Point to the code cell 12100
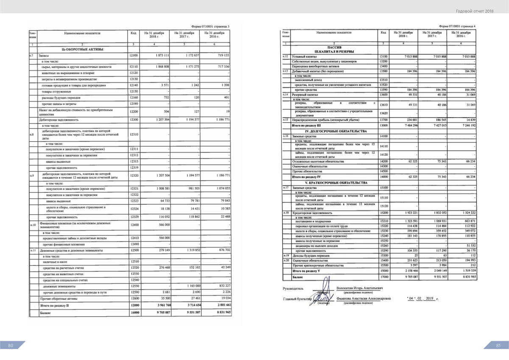coord(134,56)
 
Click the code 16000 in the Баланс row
coord(135,312)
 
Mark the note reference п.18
coord(285,212)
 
